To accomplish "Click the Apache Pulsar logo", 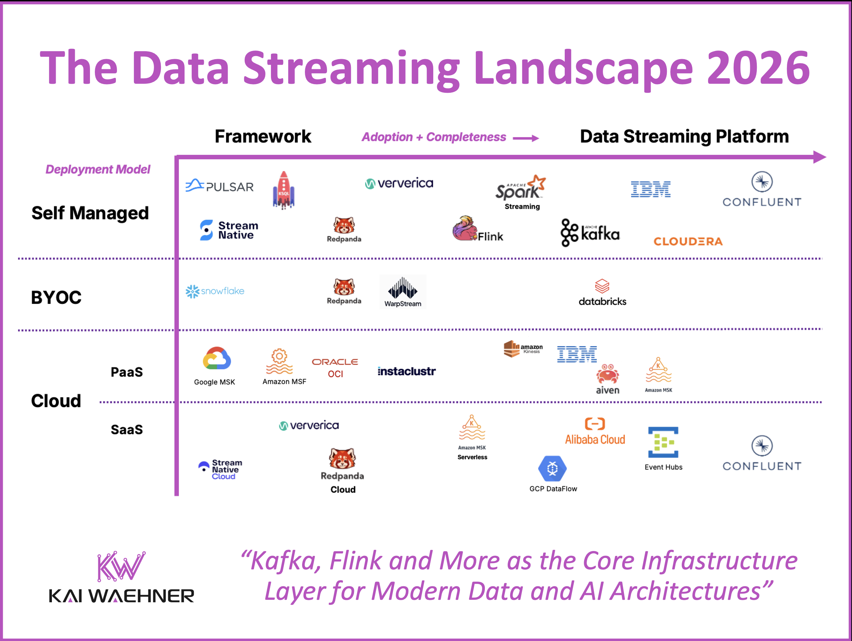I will (219, 186).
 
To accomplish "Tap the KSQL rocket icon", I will (283, 190).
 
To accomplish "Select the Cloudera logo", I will (688, 242).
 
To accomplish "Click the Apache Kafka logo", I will (590, 233).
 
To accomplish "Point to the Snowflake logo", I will (215, 291).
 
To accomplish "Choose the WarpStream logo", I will (402, 292).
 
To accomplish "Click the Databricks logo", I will (602, 293).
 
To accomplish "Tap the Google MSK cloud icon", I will (217, 359).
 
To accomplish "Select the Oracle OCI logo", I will (335, 367).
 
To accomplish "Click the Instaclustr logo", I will (406, 371).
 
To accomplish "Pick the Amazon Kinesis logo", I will (523, 349).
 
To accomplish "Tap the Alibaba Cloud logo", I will (595, 432).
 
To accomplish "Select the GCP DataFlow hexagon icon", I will (552, 468).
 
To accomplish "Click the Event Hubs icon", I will (663, 442).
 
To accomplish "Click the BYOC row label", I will (56, 297).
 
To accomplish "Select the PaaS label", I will (127, 372).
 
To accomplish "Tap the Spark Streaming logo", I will (521, 191).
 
